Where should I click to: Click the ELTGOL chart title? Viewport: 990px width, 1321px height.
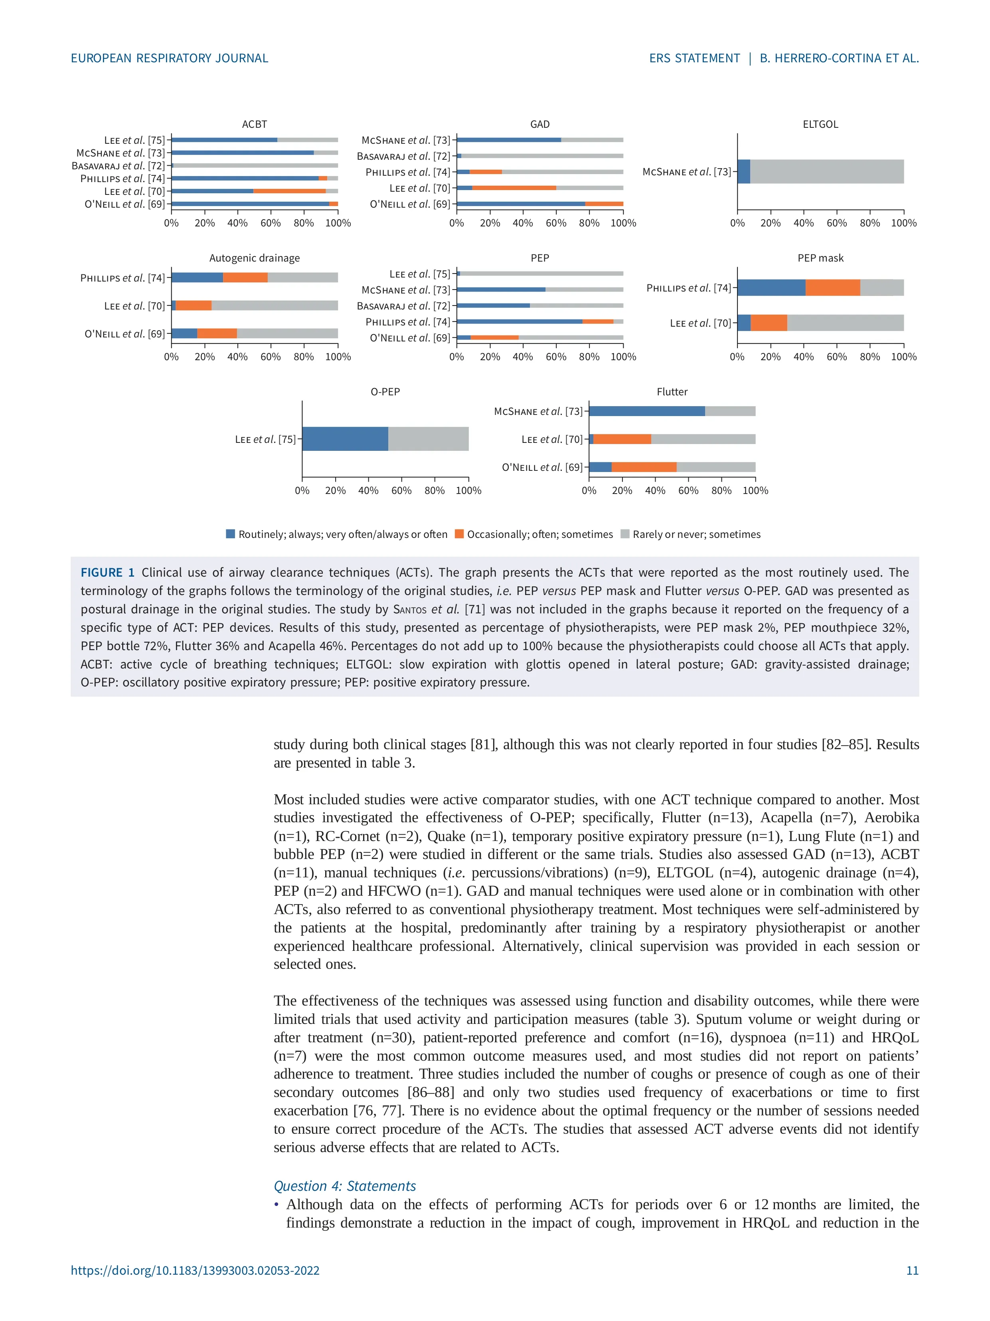tap(820, 124)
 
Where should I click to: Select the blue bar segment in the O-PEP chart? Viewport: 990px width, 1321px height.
tap(345, 439)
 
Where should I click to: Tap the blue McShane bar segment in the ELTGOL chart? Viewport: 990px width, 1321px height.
tap(743, 171)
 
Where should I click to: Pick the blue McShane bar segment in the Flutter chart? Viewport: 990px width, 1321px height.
tap(646, 411)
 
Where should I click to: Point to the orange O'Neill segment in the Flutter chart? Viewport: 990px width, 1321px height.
tap(644, 467)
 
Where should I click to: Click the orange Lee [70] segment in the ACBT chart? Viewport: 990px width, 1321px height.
tap(289, 191)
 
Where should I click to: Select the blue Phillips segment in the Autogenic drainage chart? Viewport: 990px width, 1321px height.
tap(197, 278)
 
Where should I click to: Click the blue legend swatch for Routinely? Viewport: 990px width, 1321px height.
tap(230, 534)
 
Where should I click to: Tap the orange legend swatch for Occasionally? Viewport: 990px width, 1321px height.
tap(459, 534)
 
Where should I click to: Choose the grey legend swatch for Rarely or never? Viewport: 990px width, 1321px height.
tap(625, 534)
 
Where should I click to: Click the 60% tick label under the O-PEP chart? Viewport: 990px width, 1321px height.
tap(401, 490)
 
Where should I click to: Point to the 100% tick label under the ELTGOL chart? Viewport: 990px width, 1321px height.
tap(903, 223)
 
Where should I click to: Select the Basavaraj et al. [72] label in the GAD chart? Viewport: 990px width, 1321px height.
tap(403, 157)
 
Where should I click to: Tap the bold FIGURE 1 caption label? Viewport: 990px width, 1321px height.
tap(107, 573)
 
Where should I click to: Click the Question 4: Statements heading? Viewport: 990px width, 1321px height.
tap(344, 1186)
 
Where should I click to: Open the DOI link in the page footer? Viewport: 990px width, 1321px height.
tap(195, 1270)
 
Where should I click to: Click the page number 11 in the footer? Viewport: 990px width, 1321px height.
tap(912, 1270)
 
